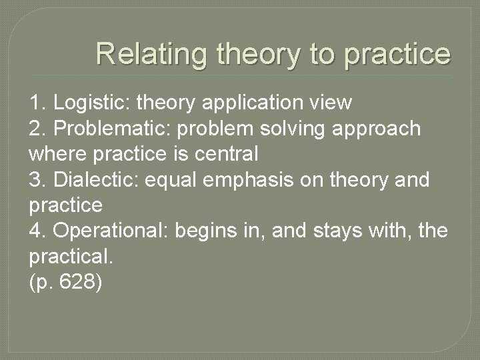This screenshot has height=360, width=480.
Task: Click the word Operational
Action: [x=109, y=231]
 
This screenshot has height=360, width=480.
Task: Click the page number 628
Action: [x=77, y=282]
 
